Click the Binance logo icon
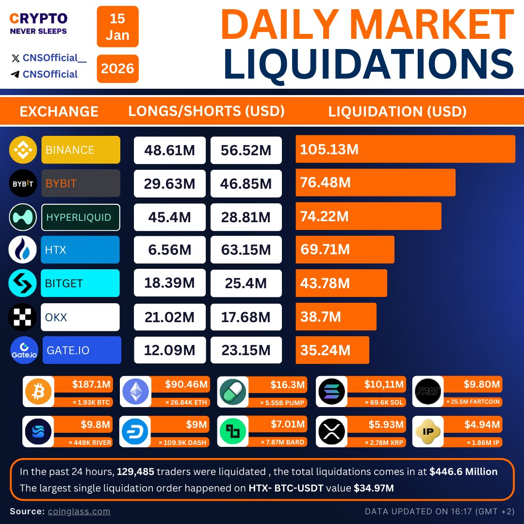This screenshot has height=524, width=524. click(23, 150)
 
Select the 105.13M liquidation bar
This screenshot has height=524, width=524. click(405, 149)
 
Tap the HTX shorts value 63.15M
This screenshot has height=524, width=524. click(246, 250)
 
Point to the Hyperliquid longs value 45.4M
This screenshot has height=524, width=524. click(169, 217)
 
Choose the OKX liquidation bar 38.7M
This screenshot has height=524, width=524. click(336, 317)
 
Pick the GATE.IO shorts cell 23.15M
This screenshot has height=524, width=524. click(246, 350)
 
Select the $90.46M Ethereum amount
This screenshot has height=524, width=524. click(186, 385)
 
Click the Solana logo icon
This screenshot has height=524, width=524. click(331, 391)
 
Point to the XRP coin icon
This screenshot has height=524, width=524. click(331, 431)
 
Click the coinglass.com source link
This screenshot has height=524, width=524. click(79, 511)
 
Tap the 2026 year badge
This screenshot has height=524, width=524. click(117, 68)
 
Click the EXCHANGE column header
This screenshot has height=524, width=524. click(59, 112)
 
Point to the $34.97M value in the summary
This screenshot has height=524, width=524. click(374, 489)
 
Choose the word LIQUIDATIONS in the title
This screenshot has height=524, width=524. click(368, 64)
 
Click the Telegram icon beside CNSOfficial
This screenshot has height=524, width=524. click(16, 74)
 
